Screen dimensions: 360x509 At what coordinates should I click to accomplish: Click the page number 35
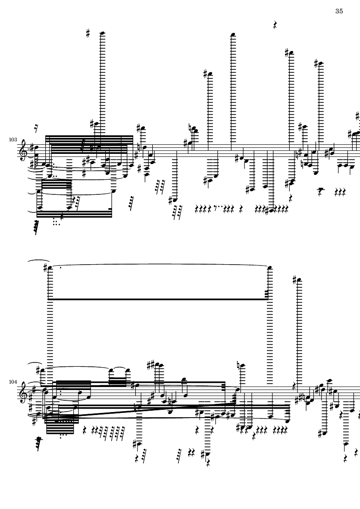[339, 11]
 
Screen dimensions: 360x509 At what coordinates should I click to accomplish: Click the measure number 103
[13, 140]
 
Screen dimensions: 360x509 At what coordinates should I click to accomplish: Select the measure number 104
[13, 382]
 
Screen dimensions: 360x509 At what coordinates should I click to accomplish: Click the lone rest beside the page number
[275, 25]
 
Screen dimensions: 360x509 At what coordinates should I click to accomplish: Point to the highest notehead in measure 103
[102, 33]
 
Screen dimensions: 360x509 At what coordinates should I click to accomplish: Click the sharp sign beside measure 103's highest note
[88, 33]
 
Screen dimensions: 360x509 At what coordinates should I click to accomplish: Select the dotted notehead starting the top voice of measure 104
[50, 268]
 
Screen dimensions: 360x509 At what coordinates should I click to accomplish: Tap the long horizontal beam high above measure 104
[160, 299]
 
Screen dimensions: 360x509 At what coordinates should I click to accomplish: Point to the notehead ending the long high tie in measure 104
[270, 268]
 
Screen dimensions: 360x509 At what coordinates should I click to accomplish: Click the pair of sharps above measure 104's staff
[150, 365]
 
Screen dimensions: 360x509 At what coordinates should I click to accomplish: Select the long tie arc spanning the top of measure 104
[160, 265]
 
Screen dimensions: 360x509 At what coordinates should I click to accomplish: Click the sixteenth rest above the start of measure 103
[36, 128]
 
